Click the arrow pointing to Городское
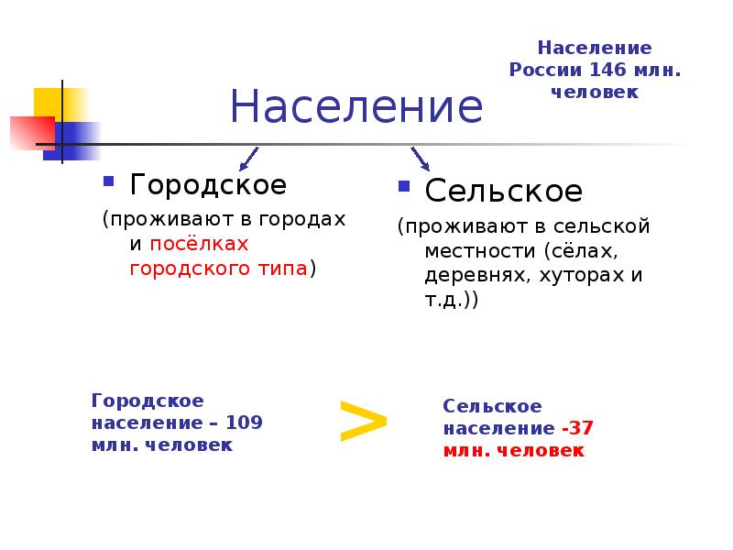click(x=247, y=159)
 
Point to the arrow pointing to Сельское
click(x=421, y=159)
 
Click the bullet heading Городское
click(x=208, y=184)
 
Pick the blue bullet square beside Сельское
click(x=403, y=186)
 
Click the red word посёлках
click(x=199, y=245)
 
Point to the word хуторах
click(x=571, y=274)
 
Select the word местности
click(x=479, y=250)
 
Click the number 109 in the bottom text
click(x=245, y=423)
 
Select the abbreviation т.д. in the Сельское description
click(x=444, y=299)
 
